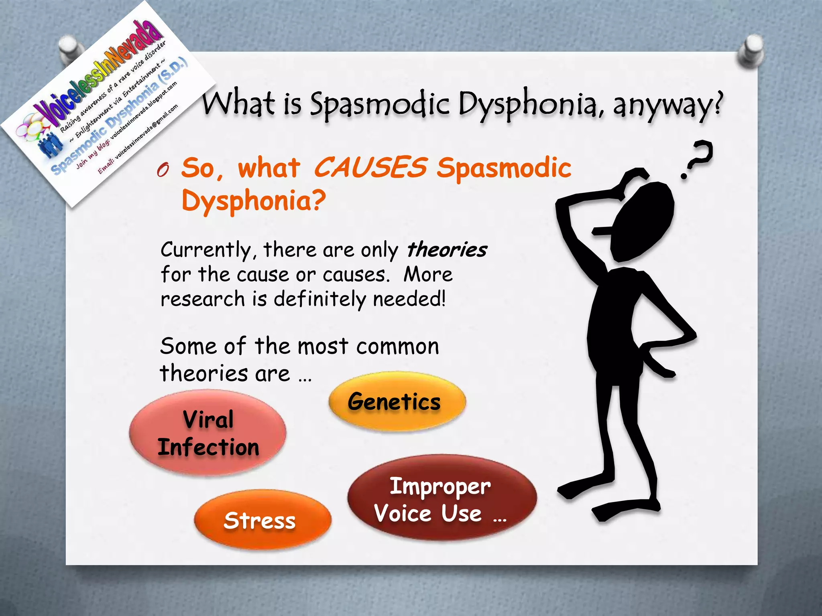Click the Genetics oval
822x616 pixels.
tap(397, 401)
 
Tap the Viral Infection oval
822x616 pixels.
tap(208, 433)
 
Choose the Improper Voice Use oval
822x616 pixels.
tap(442, 499)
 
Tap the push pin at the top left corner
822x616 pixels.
tap(70, 50)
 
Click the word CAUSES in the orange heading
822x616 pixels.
tap(370, 167)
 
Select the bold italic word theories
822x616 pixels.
tap(447, 250)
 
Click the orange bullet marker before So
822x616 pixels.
tap(163, 170)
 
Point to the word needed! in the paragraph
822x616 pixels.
tap(409, 299)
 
